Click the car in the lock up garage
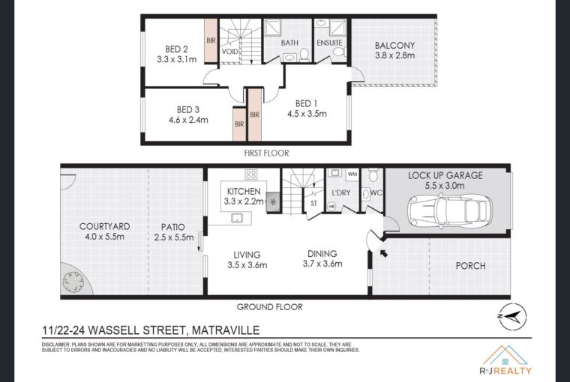coord(448,211)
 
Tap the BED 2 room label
coord(176,49)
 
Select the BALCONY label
coord(394,46)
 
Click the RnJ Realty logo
coord(505,360)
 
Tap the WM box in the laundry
coord(352,175)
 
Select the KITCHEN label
coord(244,191)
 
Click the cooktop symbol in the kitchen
coord(250,175)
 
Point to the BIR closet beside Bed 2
coord(211,41)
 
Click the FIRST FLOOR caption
coord(266,154)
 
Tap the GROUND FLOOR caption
coord(269,307)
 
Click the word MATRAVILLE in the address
coord(226,330)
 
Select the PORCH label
coord(470,266)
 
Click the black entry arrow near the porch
coord(383,252)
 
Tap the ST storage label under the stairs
coord(313,204)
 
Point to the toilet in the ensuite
coord(340,52)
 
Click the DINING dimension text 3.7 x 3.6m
coord(322,264)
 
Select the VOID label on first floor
coord(229,52)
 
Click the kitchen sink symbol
coord(238,218)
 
